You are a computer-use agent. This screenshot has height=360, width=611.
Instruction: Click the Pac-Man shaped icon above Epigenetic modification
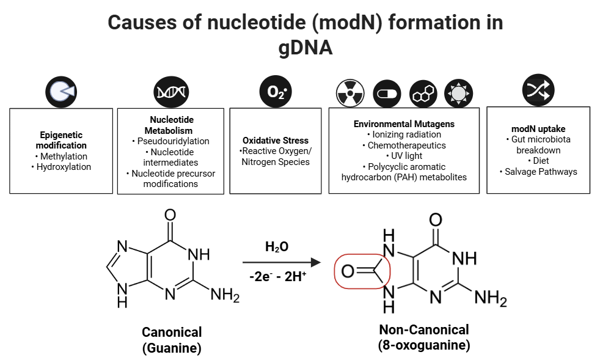tap(62, 92)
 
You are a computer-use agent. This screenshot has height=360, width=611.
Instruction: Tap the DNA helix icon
tap(170, 92)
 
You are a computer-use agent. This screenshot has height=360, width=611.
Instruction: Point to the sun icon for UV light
tap(458, 94)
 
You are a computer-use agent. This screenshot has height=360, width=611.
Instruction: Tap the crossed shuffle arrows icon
tap(538, 90)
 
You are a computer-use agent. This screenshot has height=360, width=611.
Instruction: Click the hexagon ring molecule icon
tap(423, 94)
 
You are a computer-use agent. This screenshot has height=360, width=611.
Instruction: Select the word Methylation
tap(62, 156)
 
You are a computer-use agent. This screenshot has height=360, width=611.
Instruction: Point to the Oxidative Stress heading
tap(276, 140)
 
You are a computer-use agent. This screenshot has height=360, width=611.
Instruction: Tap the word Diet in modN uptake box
tap(538, 161)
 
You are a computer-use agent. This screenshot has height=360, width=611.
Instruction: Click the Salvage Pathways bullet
tap(538, 172)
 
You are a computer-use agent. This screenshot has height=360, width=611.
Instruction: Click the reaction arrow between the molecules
tap(282, 262)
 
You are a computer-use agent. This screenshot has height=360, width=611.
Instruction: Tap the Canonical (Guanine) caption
tap(172, 340)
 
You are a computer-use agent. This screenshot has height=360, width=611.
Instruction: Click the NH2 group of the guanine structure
tap(224, 296)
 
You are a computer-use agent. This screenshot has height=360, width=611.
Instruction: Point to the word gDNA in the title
tap(305, 48)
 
